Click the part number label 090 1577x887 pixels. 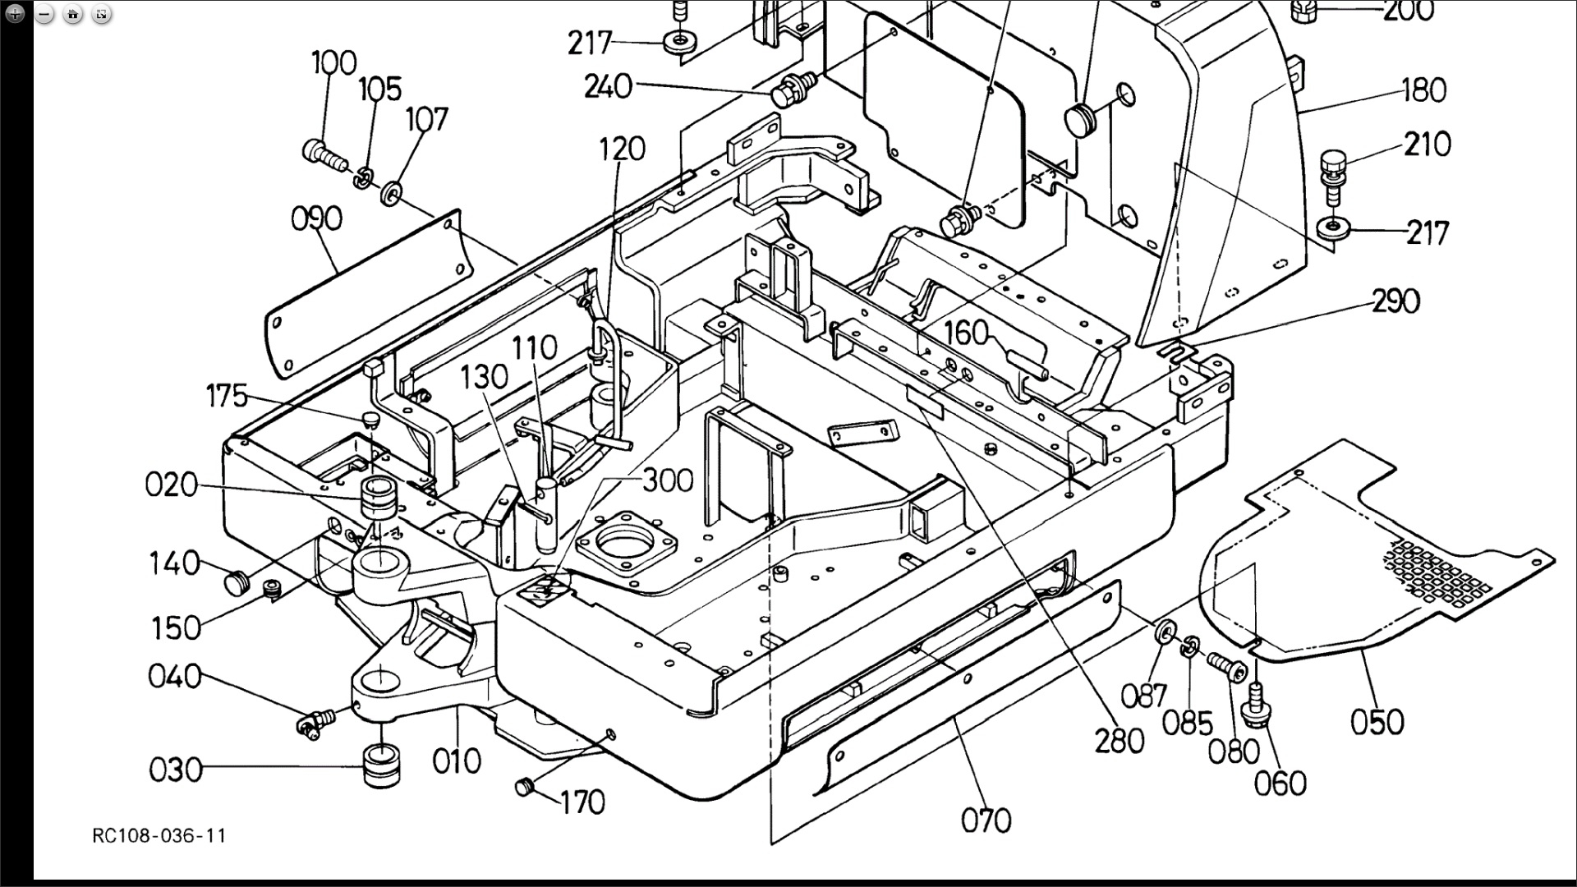coord(316,219)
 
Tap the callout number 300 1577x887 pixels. coord(667,480)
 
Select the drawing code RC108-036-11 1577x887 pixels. coord(159,836)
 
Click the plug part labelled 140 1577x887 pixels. coord(236,582)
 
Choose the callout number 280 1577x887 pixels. coord(1120,741)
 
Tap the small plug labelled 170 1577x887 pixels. coord(525,788)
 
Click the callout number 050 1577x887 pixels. coord(1377,723)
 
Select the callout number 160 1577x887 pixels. coord(966,333)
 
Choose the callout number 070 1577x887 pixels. coord(986,820)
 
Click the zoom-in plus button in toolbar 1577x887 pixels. coord(15,14)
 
